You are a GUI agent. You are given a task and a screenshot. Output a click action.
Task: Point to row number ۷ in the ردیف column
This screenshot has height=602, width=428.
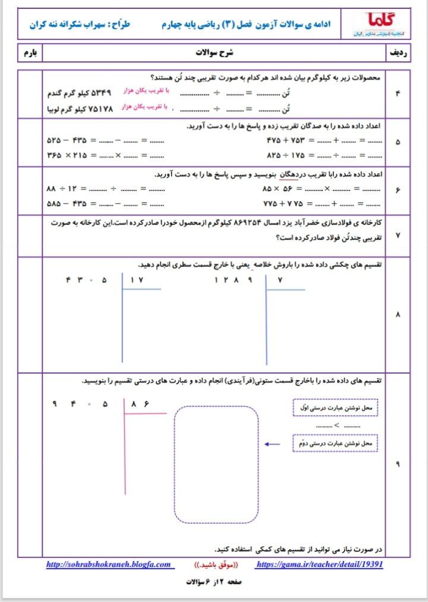coord(397,236)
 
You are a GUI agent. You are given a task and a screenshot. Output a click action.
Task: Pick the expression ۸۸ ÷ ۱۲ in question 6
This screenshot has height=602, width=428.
coord(62,189)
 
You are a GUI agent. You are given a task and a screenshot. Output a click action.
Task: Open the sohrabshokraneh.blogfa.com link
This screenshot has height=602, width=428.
coord(108,565)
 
